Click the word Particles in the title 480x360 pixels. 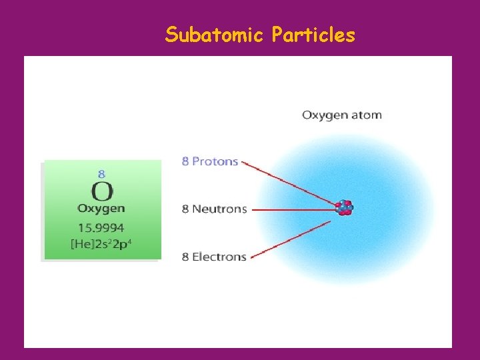[x=313, y=34]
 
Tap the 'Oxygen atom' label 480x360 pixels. [x=342, y=115]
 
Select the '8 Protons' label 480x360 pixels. [x=210, y=161]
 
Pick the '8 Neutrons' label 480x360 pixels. [x=215, y=209]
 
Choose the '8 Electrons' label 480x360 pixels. [x=214, y=257]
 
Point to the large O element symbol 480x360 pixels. [x=101, y=191]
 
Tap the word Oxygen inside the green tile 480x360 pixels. [x=101, y=209]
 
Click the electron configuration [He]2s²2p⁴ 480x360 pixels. [x=101, y=244]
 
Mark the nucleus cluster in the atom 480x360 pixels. [x=344, y=207]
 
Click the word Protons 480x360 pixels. [x=215, y=161]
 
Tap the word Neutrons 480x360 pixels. [x=219, y=209]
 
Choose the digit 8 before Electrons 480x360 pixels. [x=185, y=257]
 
